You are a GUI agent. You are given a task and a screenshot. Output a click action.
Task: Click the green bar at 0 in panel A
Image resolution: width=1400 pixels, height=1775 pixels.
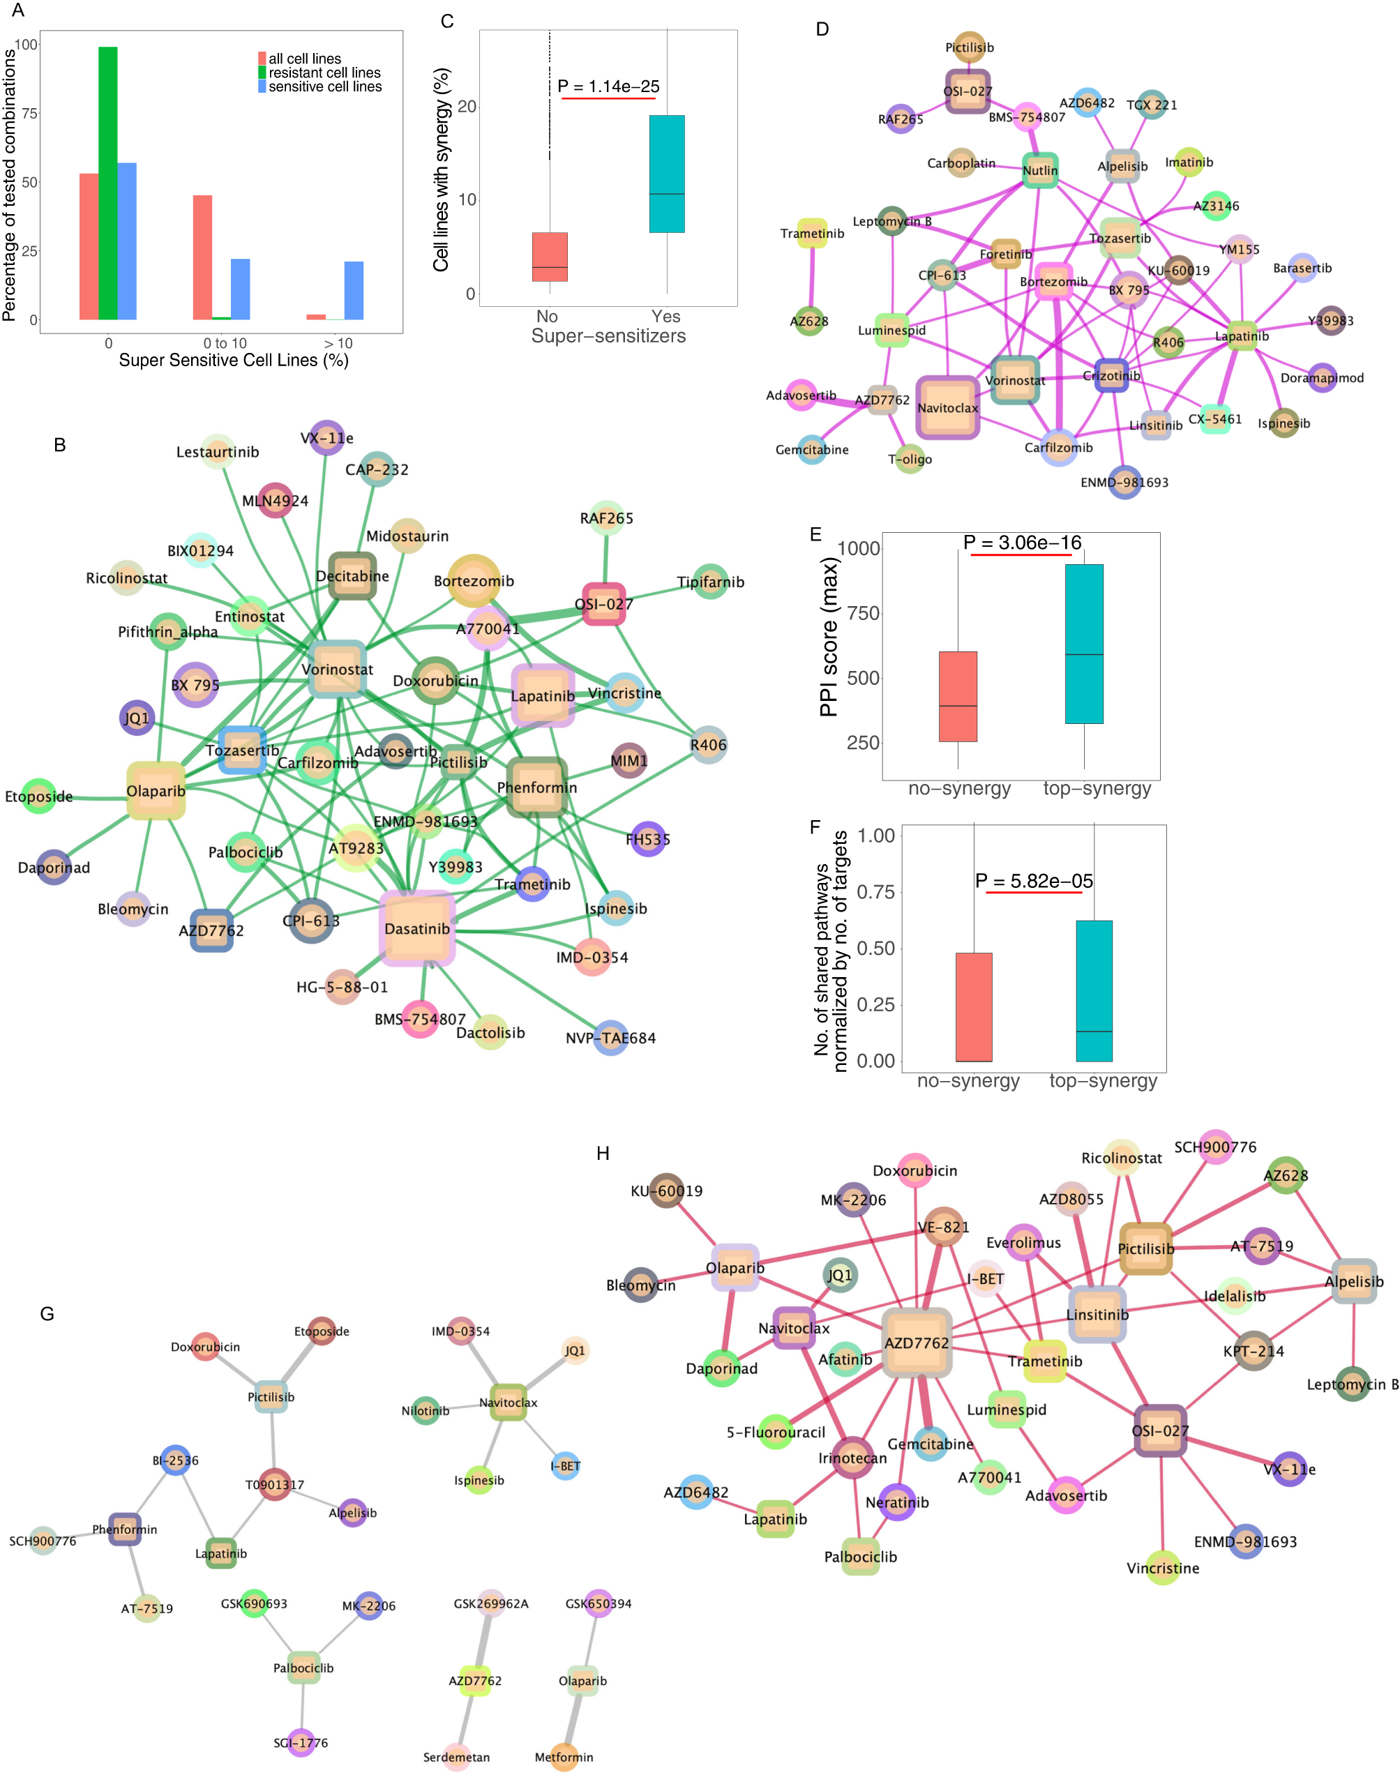pyautogui.click(x=107, y=183)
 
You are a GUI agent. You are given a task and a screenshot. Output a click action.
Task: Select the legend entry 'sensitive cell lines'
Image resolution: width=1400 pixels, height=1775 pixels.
pyautogui.click(x=324, y=87)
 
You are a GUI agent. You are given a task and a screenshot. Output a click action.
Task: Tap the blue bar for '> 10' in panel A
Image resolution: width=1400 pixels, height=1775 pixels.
pyautogui.click(x=354, y=290)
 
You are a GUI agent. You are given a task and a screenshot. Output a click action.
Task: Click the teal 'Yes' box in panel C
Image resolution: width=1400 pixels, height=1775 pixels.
pyautogui.click(x=666, y=174)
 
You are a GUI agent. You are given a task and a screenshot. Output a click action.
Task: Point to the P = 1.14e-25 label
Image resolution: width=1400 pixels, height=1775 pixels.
pyautogui.click(x=608, y=86)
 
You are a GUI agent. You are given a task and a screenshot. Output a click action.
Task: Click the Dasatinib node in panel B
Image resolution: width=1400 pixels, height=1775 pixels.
pyautogui.click(x=417, y=928)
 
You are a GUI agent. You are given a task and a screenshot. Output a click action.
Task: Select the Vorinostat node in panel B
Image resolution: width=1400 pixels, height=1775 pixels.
pyautogui.click(x=337, y=669)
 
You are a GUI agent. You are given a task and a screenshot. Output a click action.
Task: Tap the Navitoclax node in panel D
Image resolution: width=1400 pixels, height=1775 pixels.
pyautogui.click(x=947, y=407)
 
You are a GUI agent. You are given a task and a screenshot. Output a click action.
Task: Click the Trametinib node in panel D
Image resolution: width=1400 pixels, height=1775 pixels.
pyautogui.click(x=811, y=234)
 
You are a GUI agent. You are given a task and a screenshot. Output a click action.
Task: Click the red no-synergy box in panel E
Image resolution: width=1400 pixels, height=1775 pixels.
pyautogui.click(x=957, y=697)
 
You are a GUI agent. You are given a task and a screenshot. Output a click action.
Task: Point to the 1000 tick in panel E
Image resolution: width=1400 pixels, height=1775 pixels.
pyautogui.click(x=858, y=548)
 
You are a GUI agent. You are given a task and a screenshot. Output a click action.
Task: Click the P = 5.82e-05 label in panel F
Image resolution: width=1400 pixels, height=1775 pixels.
pyautogui.click(x=1034, y=881)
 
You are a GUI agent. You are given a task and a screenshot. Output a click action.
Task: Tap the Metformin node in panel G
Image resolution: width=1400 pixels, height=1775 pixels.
pyautogui.click(x=564, y=1756)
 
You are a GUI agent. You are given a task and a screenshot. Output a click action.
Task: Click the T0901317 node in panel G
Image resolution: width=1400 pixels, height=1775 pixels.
pyautogui.click(x=275, y=1484)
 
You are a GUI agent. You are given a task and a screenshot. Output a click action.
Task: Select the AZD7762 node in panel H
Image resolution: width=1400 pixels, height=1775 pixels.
pyautogui.click(x=917, y=1343)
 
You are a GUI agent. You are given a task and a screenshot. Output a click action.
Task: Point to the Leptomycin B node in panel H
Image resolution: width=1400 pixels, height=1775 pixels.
pyautogui.click(x=1353, y=1384)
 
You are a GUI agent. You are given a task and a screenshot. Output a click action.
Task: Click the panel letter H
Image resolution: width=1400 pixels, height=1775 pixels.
pyautogui.click(x=603, y=1153)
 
